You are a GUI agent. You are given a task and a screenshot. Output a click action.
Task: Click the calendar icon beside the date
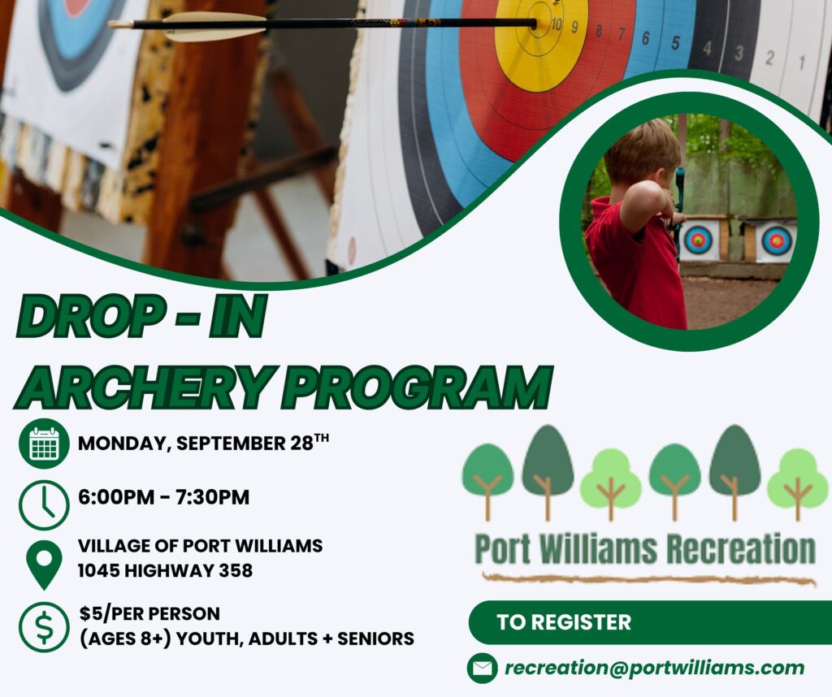[44, 444]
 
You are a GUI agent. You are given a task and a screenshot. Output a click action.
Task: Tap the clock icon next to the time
[44, 505]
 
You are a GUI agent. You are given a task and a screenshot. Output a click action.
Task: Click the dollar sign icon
[44, 627]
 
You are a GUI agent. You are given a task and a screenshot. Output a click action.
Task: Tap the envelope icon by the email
[483, 668]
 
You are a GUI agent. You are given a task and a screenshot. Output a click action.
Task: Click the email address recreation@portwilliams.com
[654, 667]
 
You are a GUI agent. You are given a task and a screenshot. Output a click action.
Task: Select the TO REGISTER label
[564, 622]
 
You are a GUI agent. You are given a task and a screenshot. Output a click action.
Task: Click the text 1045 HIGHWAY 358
[165, 571]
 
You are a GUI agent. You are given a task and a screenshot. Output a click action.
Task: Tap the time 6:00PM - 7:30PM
[163, 497]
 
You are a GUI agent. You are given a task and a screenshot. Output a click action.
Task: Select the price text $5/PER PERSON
[149, 613]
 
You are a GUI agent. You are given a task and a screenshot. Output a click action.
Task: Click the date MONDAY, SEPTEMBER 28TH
[203, 443]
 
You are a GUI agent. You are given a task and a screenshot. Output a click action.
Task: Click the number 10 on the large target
[557, 24]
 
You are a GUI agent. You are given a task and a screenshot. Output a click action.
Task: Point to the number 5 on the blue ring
[675, 42]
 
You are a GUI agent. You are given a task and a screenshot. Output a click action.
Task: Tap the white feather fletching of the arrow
[213, 26]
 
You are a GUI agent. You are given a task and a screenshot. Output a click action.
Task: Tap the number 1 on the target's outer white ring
[802, 63]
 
